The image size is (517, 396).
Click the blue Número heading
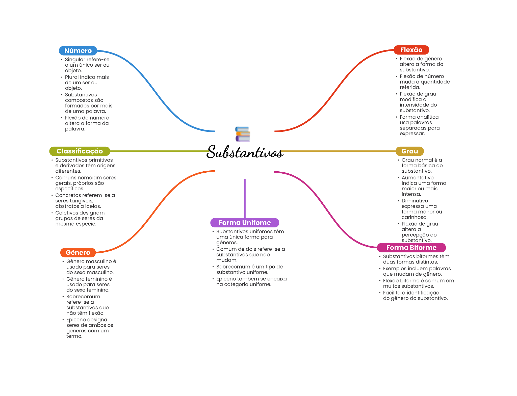point(78,51)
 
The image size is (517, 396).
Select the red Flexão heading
point(411,50)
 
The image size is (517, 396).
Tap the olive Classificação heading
point(80,151)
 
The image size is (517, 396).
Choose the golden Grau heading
point(409,151)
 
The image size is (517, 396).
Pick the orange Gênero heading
point(78,252)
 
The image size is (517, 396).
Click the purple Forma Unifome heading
point(244,223)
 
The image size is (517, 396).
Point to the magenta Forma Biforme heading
point(411,248)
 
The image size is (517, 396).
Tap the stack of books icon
point(243,134)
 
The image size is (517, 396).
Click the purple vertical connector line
point(245,198)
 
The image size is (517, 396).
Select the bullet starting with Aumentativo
point(424,186)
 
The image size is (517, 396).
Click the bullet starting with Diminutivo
point(422,209)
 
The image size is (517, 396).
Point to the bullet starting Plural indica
point(87,83)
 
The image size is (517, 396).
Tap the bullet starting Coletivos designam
point(80,218)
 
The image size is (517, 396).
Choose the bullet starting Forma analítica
point(419,125)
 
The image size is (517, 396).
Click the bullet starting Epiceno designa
point(89,328)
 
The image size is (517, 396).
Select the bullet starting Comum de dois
point(250,254)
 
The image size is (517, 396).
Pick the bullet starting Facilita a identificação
point(415,295)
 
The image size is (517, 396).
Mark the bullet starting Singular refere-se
point(87,65)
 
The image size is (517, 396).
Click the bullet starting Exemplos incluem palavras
point(417,271)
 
